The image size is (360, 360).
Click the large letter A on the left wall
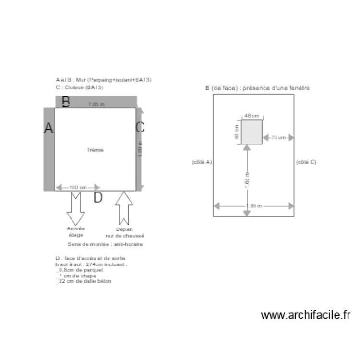click(x=48, y=128)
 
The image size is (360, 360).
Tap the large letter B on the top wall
click(x=67, y=101)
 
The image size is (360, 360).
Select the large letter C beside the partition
click(x=140, y=127)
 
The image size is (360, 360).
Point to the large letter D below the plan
click(x=97, y=197)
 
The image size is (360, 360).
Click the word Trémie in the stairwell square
click(x=95, y=150)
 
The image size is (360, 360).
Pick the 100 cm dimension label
click(x=78, y=187)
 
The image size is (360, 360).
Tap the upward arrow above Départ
click(x=124, y=207)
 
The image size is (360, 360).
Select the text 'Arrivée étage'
click(x=76, y=232)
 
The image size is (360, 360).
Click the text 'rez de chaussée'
click(x=125, y=236)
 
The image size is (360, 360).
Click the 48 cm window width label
click(x=252, y=116)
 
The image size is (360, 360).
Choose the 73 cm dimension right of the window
click(x=278, y=138)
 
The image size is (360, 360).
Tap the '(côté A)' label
click(x=202, y=162)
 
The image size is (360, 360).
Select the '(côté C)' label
click(x=306, y=162)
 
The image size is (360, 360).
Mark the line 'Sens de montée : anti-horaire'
click(x=105, y=244)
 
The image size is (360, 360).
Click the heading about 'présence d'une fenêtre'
click(x=257, y=88)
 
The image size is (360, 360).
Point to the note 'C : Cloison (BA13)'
click(x=79, y=88)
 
